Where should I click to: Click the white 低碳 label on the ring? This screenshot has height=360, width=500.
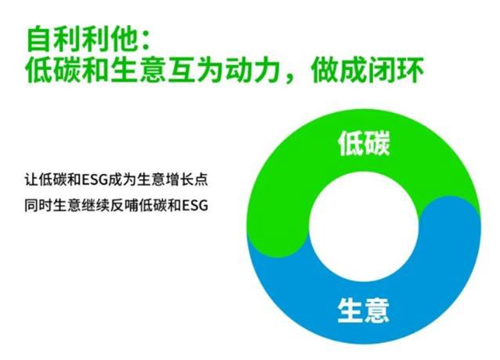click(x=364, y=144)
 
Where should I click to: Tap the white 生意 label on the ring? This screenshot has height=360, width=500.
click(x=363, y=310)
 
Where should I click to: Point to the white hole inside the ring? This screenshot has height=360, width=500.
click(x=364, y=227)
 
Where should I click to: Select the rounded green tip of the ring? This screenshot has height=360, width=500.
click(x=278, y=242)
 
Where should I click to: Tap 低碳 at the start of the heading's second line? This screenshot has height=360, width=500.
click(x=52, y=70)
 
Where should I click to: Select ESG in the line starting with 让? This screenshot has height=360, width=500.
click(x=95, y=180)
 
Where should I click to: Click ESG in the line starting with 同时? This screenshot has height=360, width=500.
click(x=195, y=206)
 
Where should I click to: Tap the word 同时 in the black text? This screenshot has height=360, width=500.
click(x=39, y=206)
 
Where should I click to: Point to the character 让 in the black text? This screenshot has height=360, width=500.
click(x=32, y=179)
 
